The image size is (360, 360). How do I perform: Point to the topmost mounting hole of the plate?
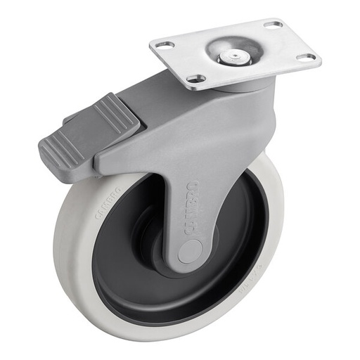[274, 25]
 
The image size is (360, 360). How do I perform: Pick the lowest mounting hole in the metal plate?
[195, 79]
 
